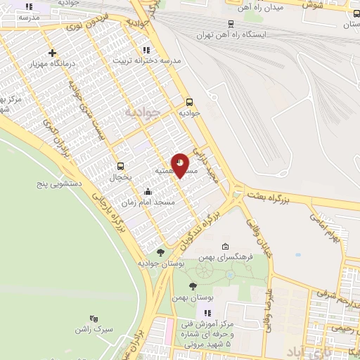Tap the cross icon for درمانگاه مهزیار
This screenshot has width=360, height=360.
coord(53,53)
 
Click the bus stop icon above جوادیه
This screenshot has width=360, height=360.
coord(189,102)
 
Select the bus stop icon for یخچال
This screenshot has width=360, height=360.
coord(120,167)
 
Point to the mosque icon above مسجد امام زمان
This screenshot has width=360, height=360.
coord(148,192)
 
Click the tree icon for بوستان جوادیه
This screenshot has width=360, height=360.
coord(161,252)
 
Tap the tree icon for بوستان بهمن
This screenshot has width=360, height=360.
coord(193,285)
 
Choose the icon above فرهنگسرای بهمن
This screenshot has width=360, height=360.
coord(225,246)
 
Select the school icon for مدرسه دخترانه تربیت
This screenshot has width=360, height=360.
coord(146,50)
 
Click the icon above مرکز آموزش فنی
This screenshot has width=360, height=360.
coord(207,313)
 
